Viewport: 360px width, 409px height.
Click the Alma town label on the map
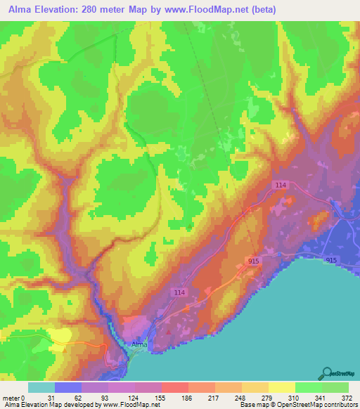(x=139, y=344)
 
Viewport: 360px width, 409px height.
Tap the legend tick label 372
(x=347, y=398)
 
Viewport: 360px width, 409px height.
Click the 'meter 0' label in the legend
(x=15, y=398)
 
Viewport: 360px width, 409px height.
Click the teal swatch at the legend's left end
(x=41, y=387)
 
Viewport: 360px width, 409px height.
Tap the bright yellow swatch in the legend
(x=281, y=387)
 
